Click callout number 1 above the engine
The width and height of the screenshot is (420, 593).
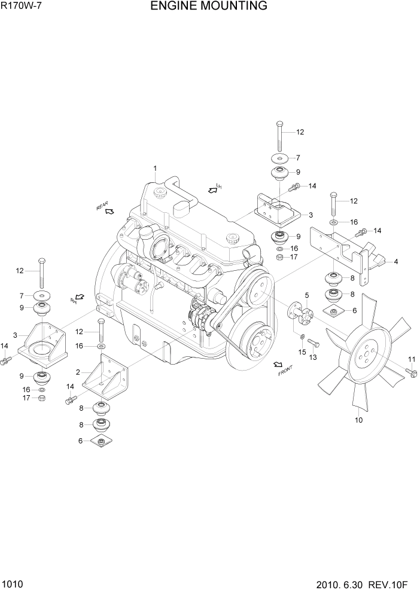click(x=154, y=168)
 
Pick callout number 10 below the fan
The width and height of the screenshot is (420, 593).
click(x=359, y=420)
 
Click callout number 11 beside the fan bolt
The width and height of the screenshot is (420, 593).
click(x=412, y=359)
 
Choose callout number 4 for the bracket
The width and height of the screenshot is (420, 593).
click(x=395, y=261)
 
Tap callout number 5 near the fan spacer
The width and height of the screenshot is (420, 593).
click(x=307, y=295)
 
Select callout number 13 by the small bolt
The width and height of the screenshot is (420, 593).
click(x=312, y=357)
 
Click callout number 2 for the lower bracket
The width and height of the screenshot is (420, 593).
click(x=78, y=372)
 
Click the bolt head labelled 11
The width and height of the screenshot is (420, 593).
click(x=411, y=372)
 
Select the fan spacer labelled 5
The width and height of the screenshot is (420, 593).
click(x=300, y=313)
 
